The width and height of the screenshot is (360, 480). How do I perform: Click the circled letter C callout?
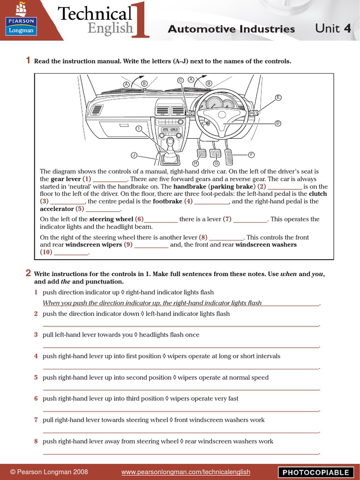click(x=180, y=80)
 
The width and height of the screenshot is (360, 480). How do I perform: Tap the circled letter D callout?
click(x=277, y=123)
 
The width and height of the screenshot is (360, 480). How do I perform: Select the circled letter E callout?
click(x=278, y=97)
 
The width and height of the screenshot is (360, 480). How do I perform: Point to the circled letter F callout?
click(x=251, y=154)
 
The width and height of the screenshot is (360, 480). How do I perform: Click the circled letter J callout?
click(x=134, y=155)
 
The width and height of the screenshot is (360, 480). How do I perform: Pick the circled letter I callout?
click(x=139, y=128)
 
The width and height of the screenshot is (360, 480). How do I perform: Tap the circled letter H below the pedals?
click(x=196, y=163)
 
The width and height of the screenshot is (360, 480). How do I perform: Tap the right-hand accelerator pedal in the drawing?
click(x=232, y=155)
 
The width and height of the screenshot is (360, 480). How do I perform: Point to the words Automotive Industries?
click(x=231, y=29)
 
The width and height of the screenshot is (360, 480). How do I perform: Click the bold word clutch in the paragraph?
click(x=318, y=194)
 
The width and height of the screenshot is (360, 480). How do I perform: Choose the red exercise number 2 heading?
click(x=28, y=273)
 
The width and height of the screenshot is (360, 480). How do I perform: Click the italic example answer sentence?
click(x=152, y=303)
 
